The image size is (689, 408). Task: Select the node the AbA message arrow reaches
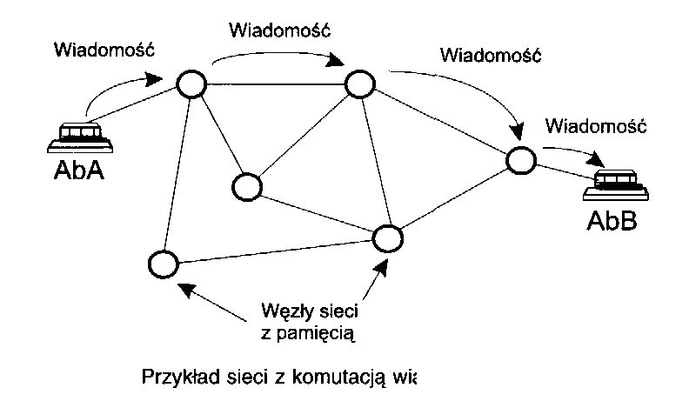191,83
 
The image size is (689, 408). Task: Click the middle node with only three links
247,185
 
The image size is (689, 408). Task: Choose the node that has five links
359,84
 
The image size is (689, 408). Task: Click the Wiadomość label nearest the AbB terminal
594,126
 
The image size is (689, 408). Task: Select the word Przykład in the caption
173,378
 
